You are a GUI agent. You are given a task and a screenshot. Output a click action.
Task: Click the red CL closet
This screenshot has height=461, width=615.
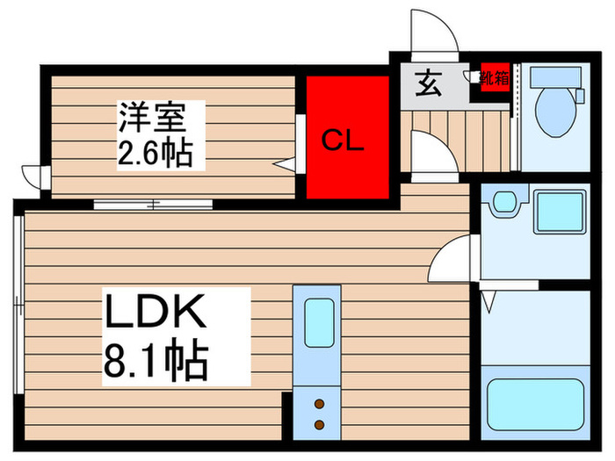tap(348, 138)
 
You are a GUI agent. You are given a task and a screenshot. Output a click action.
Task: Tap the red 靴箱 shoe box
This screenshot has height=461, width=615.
tap(495, 77)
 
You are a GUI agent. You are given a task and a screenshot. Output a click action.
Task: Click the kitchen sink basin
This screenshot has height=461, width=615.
tap(318, 323)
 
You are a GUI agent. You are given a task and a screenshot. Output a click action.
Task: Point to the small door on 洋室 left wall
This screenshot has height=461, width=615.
tap(34, 176)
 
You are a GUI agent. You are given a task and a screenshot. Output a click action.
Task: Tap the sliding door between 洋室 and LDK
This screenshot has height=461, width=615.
tap(154, 205)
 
